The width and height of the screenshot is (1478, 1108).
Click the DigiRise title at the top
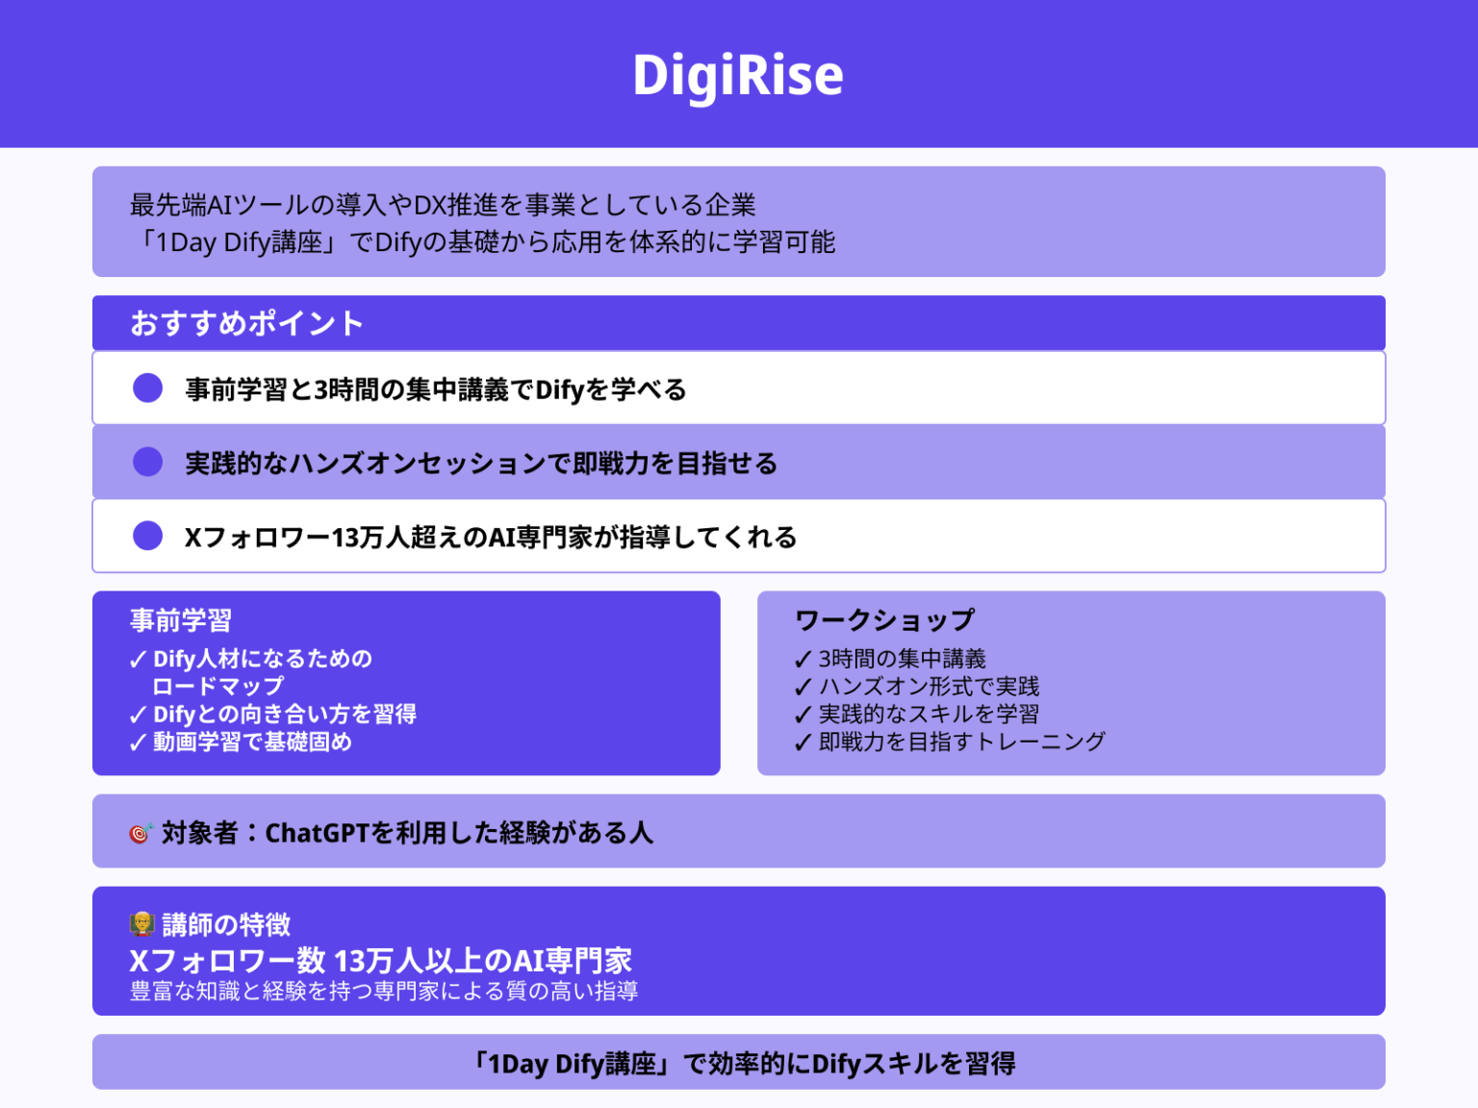pos(738,75)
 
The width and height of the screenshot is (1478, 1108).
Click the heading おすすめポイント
pos(247,323)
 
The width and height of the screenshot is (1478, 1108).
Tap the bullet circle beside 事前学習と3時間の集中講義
pos(148,389)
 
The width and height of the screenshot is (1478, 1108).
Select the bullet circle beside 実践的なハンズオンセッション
pos(148,463)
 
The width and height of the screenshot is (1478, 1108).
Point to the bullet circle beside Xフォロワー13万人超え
pos(148,536)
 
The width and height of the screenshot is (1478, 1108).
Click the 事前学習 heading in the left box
pos(181,620)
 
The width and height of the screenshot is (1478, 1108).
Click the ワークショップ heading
pos(884,620)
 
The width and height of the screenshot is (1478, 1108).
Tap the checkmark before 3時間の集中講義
pos(803,660)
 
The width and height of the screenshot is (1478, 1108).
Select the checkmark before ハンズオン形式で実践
pos(803,688)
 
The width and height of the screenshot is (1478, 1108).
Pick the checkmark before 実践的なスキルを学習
pos(803,716)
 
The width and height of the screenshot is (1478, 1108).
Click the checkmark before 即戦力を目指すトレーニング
pos(803,743)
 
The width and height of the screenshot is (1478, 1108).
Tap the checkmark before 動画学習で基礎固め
pos(138,743)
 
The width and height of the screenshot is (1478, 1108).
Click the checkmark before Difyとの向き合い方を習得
pos(138,716)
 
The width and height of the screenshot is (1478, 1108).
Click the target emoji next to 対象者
pos(140,833)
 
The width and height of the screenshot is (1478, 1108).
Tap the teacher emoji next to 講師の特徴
pos(141,924)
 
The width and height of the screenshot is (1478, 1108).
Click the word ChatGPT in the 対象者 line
pos(317,833)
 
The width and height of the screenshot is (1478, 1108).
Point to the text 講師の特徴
pos(226,924)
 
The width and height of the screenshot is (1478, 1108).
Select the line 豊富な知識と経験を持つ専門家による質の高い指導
pos(384,992)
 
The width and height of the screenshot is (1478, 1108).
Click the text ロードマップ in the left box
pos(218,687)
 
